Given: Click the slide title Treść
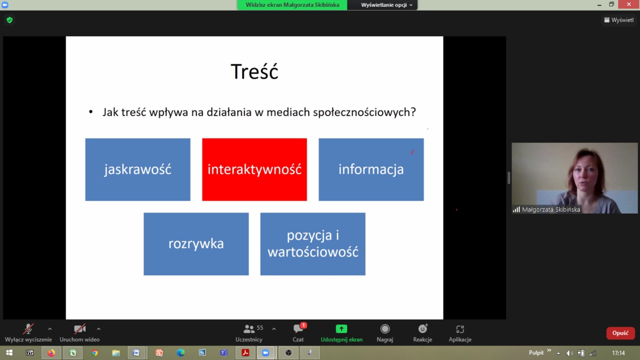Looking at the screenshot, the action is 254,71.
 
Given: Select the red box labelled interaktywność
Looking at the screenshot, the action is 254,170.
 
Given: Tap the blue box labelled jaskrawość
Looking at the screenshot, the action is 138,170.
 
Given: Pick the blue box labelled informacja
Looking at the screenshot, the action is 371,170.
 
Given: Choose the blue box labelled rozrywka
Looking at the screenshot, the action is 196,244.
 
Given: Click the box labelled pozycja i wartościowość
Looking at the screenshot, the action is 313,244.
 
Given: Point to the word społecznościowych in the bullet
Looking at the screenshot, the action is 364,113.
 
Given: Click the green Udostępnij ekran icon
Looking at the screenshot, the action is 341,329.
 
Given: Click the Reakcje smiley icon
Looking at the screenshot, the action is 422,329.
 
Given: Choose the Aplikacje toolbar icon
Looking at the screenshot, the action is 460,329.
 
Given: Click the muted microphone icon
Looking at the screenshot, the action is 28,329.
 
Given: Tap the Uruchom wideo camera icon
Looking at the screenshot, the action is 79,329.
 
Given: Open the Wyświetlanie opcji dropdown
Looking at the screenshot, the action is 386,5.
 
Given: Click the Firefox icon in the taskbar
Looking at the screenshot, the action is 51,353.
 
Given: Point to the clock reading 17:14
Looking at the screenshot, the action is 618,353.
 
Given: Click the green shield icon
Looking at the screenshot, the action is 10,20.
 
